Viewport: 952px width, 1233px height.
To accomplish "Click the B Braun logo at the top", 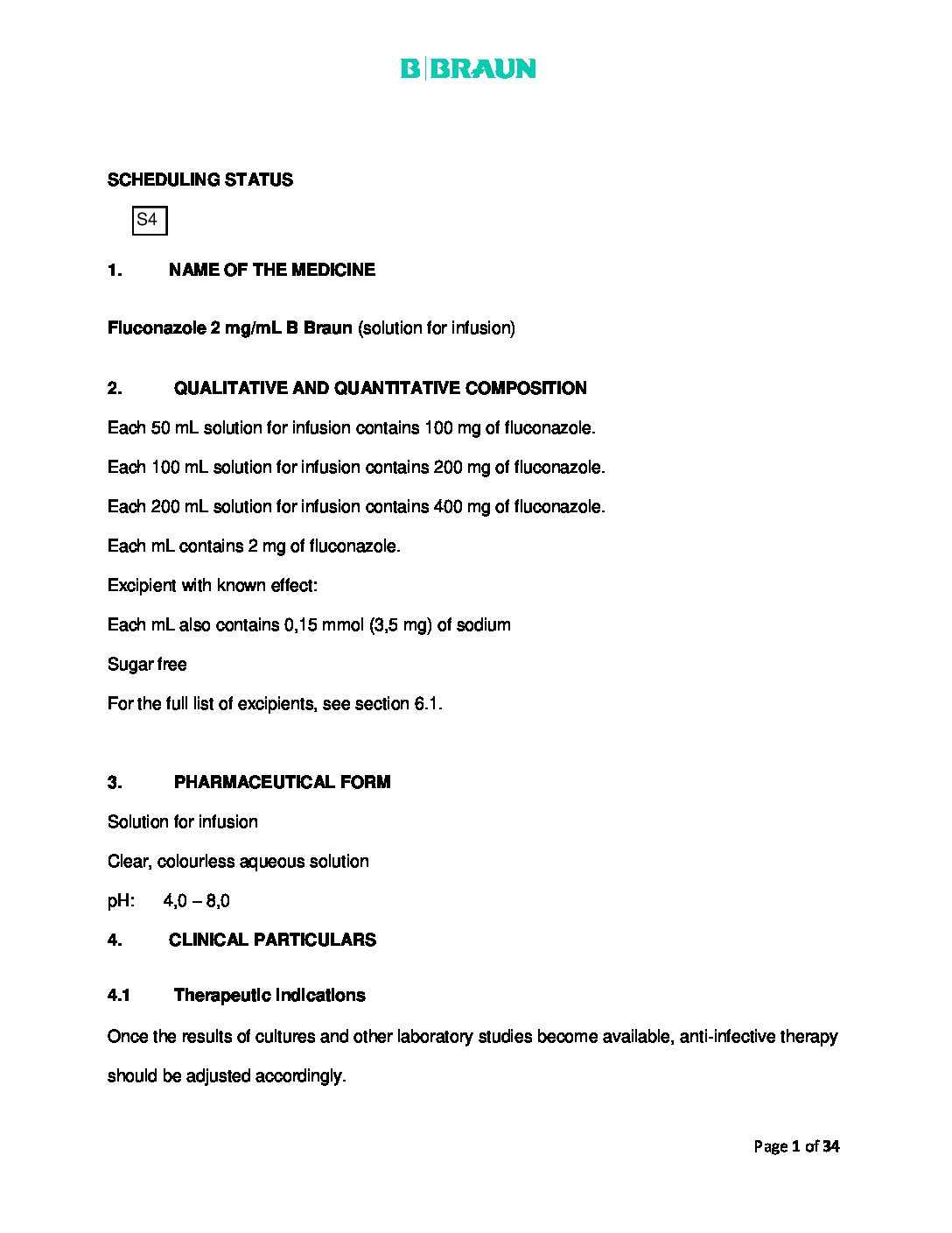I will tap(468, 68).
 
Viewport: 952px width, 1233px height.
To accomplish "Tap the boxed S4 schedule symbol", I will tap(149, 221).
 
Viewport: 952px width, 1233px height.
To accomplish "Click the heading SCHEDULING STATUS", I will tap(199, 180).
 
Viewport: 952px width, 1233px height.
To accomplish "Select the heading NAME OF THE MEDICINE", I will tap(271, 270).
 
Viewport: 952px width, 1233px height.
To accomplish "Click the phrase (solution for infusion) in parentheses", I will tap(437, 328).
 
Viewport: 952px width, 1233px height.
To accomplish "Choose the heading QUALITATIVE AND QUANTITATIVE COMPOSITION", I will tap(380, 388).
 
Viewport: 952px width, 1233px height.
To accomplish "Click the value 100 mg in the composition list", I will tap(450, 428).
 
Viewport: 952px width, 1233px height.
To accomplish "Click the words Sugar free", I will tap(147, 665).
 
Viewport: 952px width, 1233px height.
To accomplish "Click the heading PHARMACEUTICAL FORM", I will tap(282, 782).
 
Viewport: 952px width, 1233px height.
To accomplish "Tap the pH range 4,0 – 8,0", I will tap(196, 901).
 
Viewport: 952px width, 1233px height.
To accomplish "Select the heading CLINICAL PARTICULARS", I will tap(272, 940).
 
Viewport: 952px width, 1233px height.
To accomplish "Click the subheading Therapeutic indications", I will tap(269, 995).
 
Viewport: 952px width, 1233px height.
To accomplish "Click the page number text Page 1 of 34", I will tap(796, 1146).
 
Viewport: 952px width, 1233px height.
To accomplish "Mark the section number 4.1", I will tap(119, 995).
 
